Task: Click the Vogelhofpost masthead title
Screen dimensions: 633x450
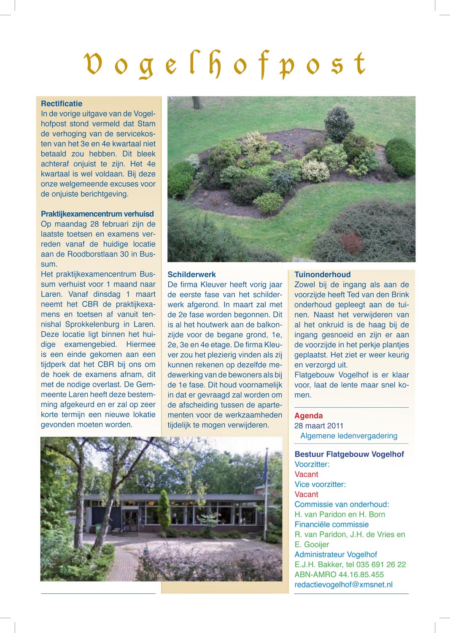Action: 225,65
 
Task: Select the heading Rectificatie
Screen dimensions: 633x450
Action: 62,103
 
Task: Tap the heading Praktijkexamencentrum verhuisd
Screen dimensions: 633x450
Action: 97,214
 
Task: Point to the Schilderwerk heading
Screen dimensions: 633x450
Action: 191,274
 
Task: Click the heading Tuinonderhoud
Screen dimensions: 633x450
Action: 322,274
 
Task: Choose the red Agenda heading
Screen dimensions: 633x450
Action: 308,416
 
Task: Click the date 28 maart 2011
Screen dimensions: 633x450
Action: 319,426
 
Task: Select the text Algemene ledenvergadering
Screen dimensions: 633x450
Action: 349,436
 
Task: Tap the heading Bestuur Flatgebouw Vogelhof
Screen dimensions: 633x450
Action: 349,454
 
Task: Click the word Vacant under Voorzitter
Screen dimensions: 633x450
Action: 306,474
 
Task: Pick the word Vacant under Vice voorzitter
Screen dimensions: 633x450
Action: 306,495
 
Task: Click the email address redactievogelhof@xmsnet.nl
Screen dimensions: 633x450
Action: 343,585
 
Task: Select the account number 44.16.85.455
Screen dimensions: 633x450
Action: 361,575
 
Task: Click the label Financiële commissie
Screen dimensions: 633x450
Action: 331,525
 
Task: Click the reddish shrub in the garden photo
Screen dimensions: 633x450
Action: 351,242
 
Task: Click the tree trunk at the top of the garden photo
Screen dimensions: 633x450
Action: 196,102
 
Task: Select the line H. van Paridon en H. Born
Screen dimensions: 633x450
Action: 340,514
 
